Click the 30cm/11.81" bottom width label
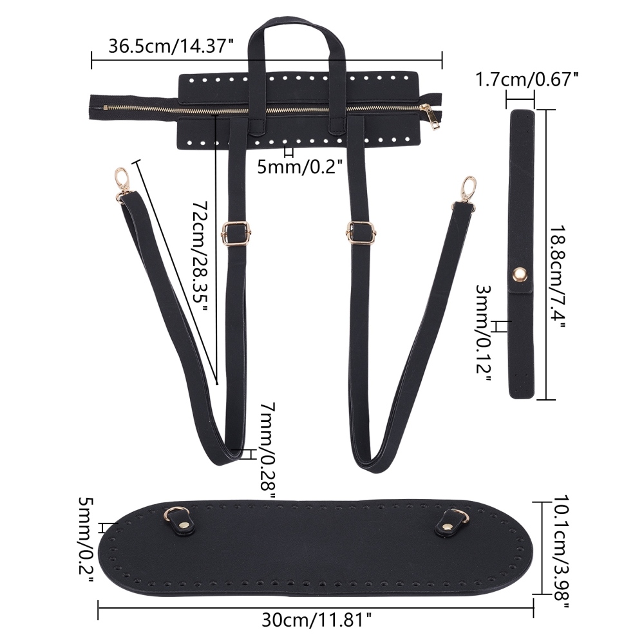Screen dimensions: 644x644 coord(317,620)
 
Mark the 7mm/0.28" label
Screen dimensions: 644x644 coord(268,450)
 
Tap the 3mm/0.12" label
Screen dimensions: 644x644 coord(484,334)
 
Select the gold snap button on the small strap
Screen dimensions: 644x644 coord(520,274)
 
